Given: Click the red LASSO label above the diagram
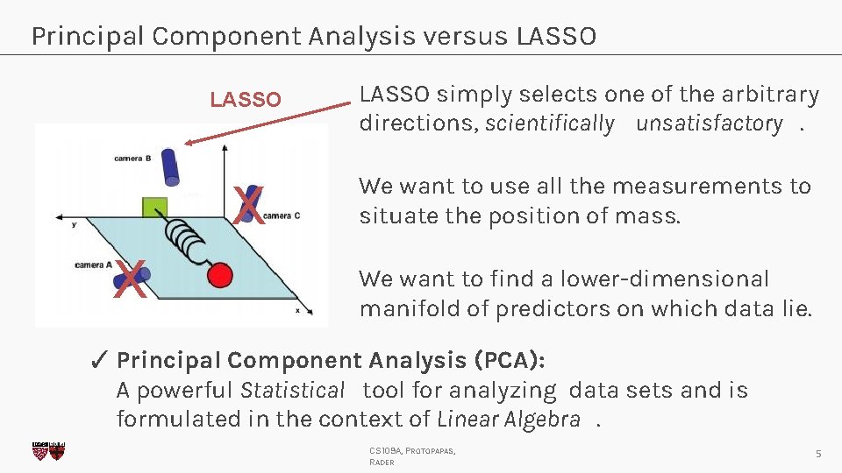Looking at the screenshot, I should (x=246, y=100).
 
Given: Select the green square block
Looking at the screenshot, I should (x=155, y=208).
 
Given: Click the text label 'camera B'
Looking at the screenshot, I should (x=132, y=159).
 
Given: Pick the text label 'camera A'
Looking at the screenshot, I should (x=93, y=264).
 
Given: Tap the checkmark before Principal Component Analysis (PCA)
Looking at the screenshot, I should (x=100, y=360).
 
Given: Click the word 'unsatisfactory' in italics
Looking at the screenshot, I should (x=709, y=124).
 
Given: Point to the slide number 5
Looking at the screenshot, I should (x=817, y=453).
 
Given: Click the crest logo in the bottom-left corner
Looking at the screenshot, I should (x=48, y=451).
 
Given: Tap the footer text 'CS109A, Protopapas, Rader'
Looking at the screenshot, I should (x=412, y=456).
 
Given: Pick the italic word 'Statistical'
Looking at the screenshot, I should (x=293, y=390).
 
